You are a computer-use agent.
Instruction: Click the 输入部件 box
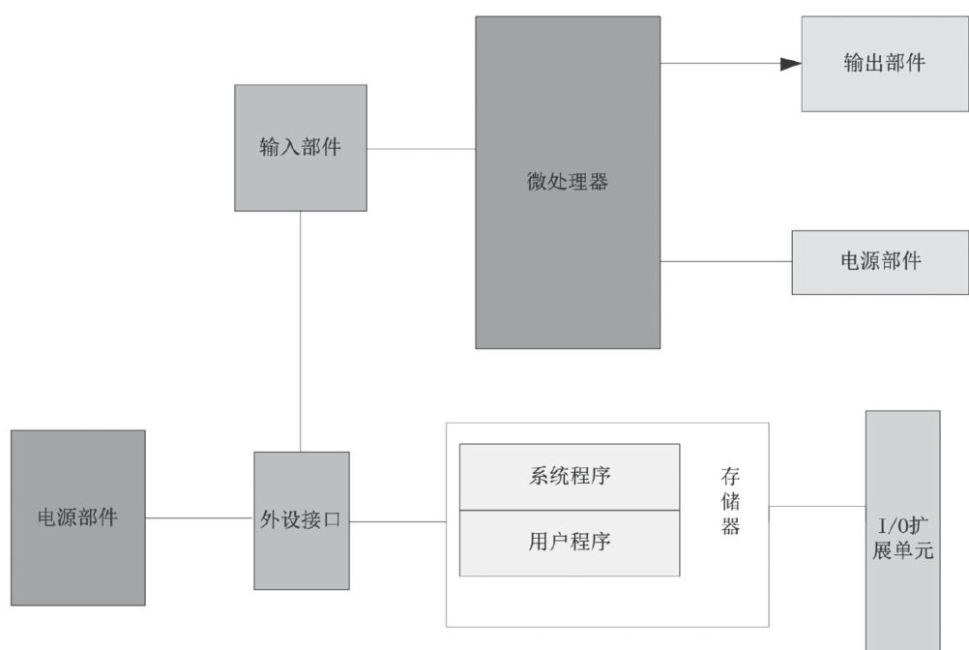coord(301,148)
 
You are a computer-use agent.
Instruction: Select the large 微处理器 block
coord(568,182)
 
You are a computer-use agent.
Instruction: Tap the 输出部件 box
coord(884,64)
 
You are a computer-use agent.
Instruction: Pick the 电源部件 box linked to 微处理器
coord(880,262)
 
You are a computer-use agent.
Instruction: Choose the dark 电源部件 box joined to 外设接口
coord(78,517)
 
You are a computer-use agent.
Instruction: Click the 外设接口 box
coord(302,520)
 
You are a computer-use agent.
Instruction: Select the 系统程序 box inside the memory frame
coord(570,476)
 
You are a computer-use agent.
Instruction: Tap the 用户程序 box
coord(570,542)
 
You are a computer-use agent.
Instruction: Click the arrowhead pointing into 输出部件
coord(791,64)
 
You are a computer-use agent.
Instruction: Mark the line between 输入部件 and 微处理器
coord(421,149)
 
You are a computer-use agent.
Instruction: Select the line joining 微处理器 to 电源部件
coord(725,261)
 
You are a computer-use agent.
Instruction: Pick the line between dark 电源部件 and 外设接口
coord(199,517)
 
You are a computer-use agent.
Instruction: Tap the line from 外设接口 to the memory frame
coord(397,522)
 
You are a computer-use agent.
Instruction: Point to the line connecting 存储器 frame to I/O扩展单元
coord(817,506)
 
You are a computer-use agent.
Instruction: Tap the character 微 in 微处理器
coord(537,182)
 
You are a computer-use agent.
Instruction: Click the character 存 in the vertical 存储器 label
coord(731,477)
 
